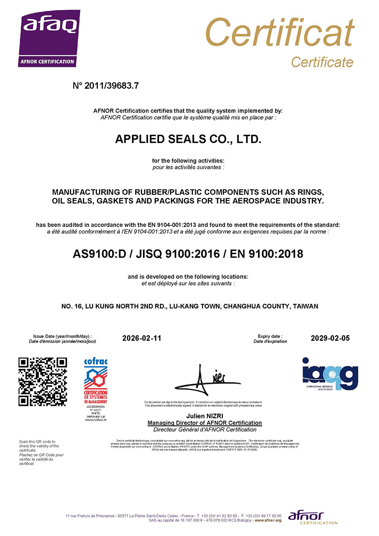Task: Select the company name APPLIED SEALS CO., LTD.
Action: point(188,140)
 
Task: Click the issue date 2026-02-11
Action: point(142,339)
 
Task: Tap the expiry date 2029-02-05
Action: point(330,339)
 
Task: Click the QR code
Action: point(43,382)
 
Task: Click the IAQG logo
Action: point(330,373)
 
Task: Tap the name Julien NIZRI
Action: point(205,416)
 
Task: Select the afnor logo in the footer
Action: point(306,517)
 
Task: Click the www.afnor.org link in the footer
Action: point(268,520)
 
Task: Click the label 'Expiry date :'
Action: point(268,336)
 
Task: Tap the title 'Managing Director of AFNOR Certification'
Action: point(205,423)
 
